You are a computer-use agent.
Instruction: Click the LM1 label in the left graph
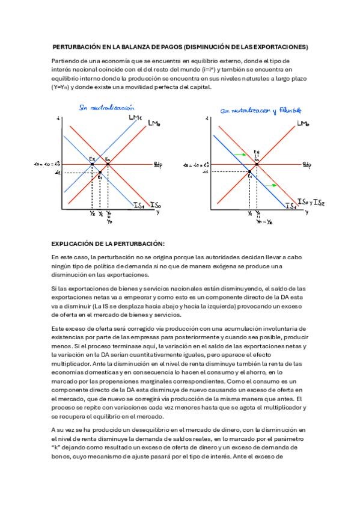[x=135, y=117]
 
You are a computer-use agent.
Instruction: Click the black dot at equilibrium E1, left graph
[x=100, y=173]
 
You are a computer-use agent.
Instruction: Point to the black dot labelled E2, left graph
[x=91, y=164]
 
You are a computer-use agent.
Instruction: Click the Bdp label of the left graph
[x=157, y=164]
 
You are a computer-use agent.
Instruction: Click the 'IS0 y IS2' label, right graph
[x=311, y=201]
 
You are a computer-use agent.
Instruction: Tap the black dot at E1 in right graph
[x=249, y=173]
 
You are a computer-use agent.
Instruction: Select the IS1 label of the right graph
[x=290, y=207]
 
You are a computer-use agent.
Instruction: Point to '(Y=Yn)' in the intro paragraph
[x=63, y=87]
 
